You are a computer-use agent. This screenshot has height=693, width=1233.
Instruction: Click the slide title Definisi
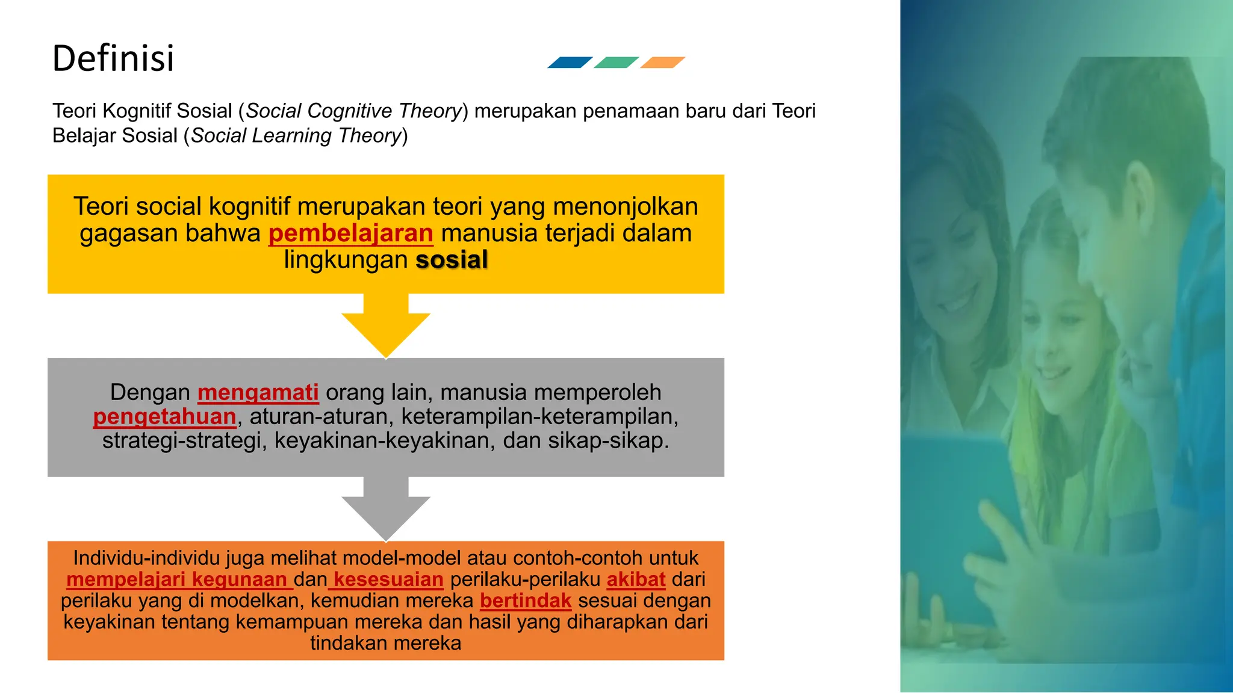[x=113, y=58]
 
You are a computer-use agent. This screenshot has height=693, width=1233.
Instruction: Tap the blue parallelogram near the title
[x=570, y=63]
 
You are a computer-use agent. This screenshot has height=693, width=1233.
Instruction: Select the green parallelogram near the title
[x=616, y=63]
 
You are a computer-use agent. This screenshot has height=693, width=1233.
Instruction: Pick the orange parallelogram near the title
[x=662, y=63]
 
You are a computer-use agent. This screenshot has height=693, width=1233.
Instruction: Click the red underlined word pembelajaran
[x=350, y=233]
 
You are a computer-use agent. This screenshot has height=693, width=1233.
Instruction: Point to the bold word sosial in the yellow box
[x=452, y=260]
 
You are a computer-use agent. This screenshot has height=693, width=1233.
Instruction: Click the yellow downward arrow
[x=386, y=328]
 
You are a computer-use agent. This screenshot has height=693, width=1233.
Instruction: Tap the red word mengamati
[x=258, y=392]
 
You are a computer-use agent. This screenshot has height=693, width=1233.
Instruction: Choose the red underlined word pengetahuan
[x=164, y=416]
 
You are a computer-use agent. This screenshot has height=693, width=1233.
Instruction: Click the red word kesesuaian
[x=388, y=579]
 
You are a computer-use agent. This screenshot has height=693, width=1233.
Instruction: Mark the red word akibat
[x=636, y=579]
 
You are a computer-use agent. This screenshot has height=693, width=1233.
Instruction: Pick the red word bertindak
[x=526, y=600]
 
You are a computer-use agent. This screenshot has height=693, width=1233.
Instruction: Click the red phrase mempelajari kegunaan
[x=179, y=579]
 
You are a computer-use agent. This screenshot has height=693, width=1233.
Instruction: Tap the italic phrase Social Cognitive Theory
[x=353, y=111]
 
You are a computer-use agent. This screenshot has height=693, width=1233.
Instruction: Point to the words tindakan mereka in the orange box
[x=385, y=643]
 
